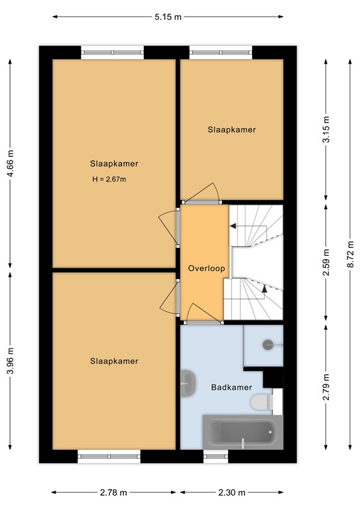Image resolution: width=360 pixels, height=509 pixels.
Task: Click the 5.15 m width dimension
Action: pos(168,17)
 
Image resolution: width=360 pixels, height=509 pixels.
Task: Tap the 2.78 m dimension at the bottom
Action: pos(113,492)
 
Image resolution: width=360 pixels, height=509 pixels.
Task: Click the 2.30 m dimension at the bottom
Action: pos(232,492)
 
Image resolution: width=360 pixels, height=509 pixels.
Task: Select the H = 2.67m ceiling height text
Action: pos(109,179)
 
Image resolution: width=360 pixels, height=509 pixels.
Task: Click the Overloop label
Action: pos(206,268)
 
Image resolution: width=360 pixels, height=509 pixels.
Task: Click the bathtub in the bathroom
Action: pos(242,431)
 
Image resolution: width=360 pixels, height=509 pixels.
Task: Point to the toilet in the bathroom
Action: pos(261,402)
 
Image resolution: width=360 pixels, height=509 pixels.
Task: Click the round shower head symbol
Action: pos(268,344)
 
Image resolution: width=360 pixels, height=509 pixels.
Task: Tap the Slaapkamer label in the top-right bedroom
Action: pos(231,130)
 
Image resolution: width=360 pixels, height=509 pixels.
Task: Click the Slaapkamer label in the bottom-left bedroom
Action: pos(114,361)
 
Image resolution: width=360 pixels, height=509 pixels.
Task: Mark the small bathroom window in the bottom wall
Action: pos(215,456)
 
